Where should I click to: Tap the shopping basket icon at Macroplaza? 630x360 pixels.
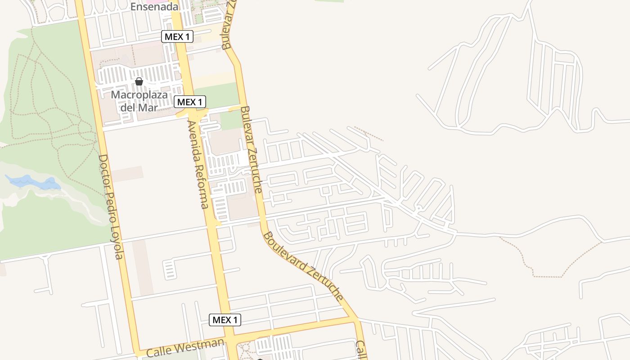pyautogui.click(x=139, y=81)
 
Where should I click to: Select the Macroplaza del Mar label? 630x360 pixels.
pyautogui.click(x=139, y=101)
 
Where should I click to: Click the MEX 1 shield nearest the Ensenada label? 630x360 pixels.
pyautogui.click(x=177, y=37)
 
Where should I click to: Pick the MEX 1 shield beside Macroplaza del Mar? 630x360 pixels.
pyautogui.click(x=190, y=102)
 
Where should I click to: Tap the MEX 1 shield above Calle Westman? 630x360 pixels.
pyautogui.click(x=225, y=320)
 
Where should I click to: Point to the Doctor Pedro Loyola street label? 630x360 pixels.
pyautogui.click(x=111, y=207)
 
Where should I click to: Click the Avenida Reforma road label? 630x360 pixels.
pyautogui.click(x=198, y=164)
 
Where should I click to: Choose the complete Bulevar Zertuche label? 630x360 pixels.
pyautogui.click(x=251, y=149)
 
